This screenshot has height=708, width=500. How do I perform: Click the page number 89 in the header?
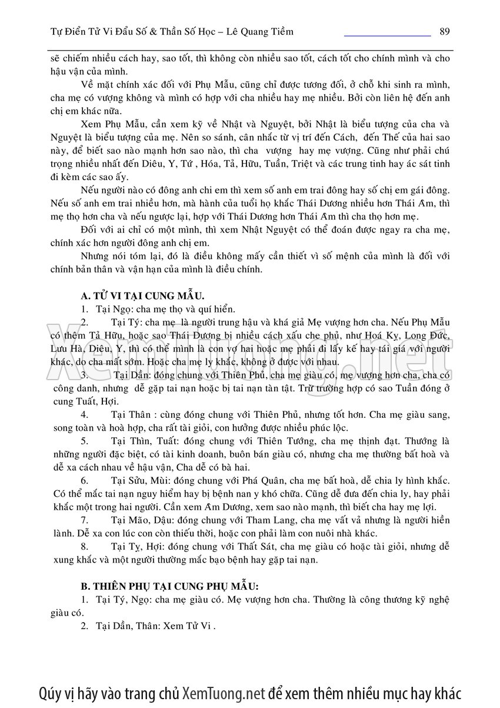444,31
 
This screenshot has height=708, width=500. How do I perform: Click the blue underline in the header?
386,36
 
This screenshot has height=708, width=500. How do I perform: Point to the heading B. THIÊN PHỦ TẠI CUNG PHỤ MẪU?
169,586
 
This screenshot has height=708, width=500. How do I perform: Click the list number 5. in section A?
85,440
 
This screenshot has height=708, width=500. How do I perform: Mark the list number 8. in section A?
85,547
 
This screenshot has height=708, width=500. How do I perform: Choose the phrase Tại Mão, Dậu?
139,520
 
